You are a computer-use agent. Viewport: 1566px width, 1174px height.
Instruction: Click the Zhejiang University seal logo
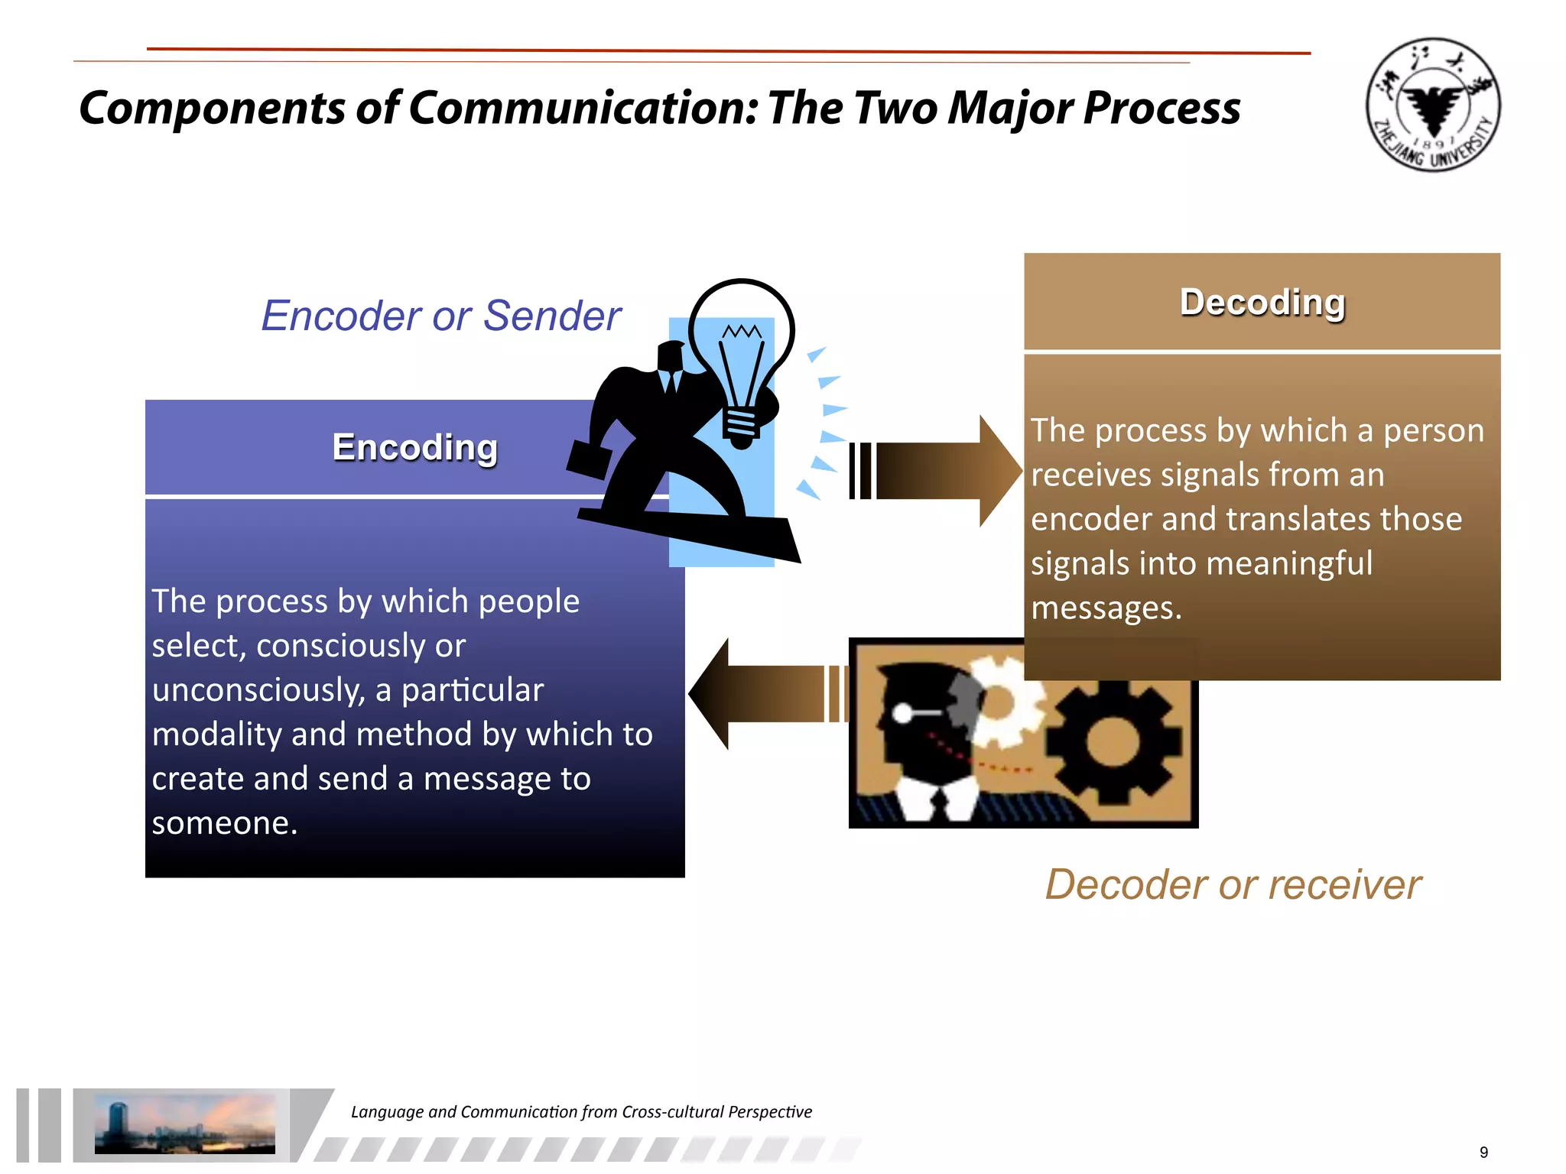pos(1432,105)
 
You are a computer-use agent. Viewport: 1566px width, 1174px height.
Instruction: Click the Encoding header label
pos(414,447)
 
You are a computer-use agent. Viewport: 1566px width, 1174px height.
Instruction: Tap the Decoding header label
pos(1262,303)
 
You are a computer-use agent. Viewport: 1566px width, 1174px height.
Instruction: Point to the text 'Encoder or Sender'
pos(441,316)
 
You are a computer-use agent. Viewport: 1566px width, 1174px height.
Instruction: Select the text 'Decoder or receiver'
pos(1233,885)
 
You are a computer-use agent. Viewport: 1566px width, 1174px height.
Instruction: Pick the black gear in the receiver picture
pos(1113,741)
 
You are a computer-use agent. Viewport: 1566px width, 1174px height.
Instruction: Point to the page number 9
pos(1483,1153)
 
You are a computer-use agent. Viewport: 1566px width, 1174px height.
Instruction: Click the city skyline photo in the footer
pos(184,1124)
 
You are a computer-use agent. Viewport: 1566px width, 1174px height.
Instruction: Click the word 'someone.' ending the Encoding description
pos(224,822)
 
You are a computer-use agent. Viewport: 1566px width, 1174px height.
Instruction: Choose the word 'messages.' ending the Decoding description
pos(1106,608)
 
